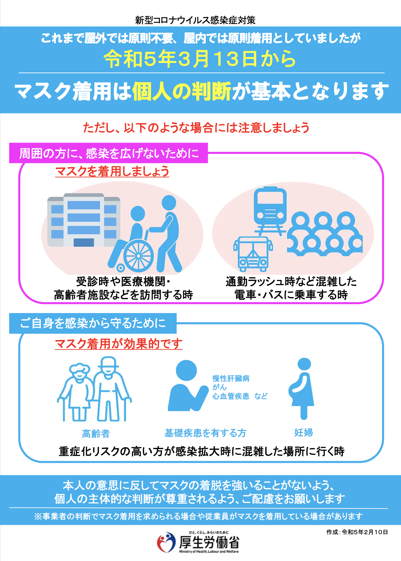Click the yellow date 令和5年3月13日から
[x=200, y=59]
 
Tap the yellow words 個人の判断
[x=182, y=91]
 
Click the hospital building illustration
[x=84, y=220]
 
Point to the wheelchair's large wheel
[x=138, y=256]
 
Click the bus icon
[x=253, y=254]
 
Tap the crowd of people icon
[x=325, y=234]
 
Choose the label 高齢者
[x=96, y=433]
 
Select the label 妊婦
[x=304, y=432]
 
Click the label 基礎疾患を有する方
[x=205, y=433]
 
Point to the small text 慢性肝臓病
[x=231, y=378]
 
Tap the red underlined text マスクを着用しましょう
[x=112, y=171]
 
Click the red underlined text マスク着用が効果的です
[x=119, y=344]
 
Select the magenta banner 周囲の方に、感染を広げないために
[x=108, y=153]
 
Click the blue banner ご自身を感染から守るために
[x=93, y=323]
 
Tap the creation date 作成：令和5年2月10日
[x=357, y=532]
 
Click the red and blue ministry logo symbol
[x=166, y=542]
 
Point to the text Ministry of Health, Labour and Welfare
[x=209, y=552]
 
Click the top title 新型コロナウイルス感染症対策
[x=195, y=20]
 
